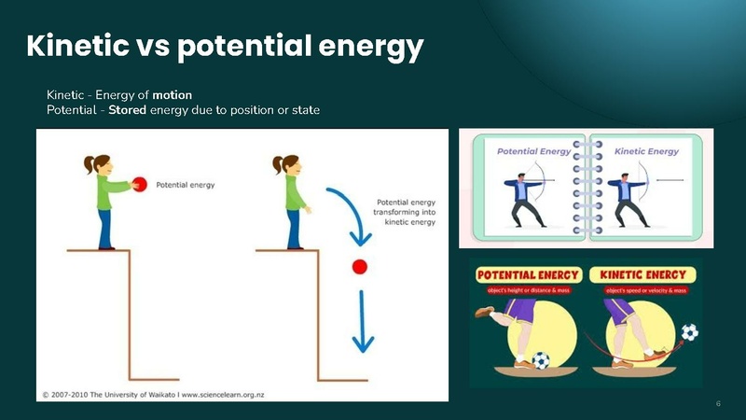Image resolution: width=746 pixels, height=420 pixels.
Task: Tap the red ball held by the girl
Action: click(x=140, y=184)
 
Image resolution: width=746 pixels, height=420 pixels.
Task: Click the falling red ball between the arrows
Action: click(x=359, y=268)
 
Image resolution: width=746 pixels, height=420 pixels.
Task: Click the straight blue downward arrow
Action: click(x=360, y=323)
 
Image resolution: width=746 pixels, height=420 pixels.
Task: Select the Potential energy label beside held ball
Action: click(x=185, y=185)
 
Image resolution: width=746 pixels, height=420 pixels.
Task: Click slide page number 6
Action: click(x=718, y=403)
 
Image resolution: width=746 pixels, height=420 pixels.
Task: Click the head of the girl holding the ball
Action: click(x=97, y=164)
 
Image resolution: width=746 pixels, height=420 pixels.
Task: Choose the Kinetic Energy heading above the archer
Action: click(x=647, y=150)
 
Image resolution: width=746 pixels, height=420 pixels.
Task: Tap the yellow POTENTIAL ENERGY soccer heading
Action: click(x=529, y=275)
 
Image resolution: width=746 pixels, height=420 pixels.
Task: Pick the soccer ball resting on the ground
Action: click(x=541, y=359)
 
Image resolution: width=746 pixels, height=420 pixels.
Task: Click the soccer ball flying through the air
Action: click(x=688, y=331)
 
